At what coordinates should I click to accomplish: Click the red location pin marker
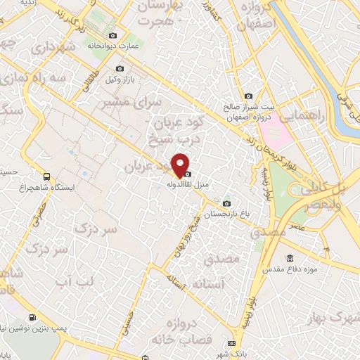(x=181, y=165)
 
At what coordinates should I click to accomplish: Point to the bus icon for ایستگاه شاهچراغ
(x=46, y=176)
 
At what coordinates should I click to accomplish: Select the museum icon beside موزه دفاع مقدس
(x=290, y=258)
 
